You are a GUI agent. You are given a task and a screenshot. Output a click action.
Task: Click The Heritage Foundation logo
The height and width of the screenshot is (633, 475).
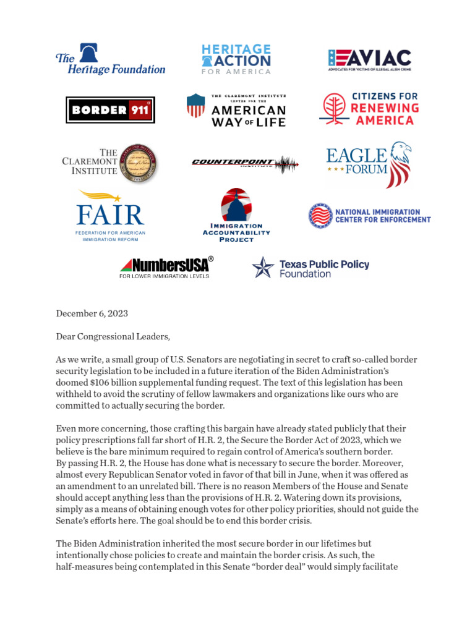click(110, 59)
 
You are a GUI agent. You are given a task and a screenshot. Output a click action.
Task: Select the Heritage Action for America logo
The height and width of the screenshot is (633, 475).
click(236, 59)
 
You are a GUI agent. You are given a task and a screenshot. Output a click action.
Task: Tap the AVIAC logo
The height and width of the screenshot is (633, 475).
click(369, 59)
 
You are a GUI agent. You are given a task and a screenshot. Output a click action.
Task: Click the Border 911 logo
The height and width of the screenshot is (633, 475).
click(110, 110)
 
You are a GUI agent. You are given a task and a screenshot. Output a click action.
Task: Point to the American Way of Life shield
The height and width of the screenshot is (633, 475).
click(195, 106)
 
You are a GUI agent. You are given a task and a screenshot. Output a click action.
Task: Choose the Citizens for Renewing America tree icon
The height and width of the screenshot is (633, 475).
click(335, 109)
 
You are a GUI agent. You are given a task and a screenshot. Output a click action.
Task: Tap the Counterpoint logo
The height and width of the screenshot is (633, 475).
click(245, 163)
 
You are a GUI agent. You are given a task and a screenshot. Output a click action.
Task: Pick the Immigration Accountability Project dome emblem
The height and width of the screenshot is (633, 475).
click(236, 205)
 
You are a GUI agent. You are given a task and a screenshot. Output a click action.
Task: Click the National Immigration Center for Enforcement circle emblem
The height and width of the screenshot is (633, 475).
click(320, 215)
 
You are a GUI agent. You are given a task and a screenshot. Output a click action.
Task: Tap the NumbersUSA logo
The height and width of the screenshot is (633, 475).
click(166, 267)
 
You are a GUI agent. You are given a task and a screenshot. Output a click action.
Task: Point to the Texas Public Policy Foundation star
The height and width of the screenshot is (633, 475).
click(263, 268)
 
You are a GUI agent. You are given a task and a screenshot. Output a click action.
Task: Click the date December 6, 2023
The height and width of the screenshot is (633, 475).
click(92, 313)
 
